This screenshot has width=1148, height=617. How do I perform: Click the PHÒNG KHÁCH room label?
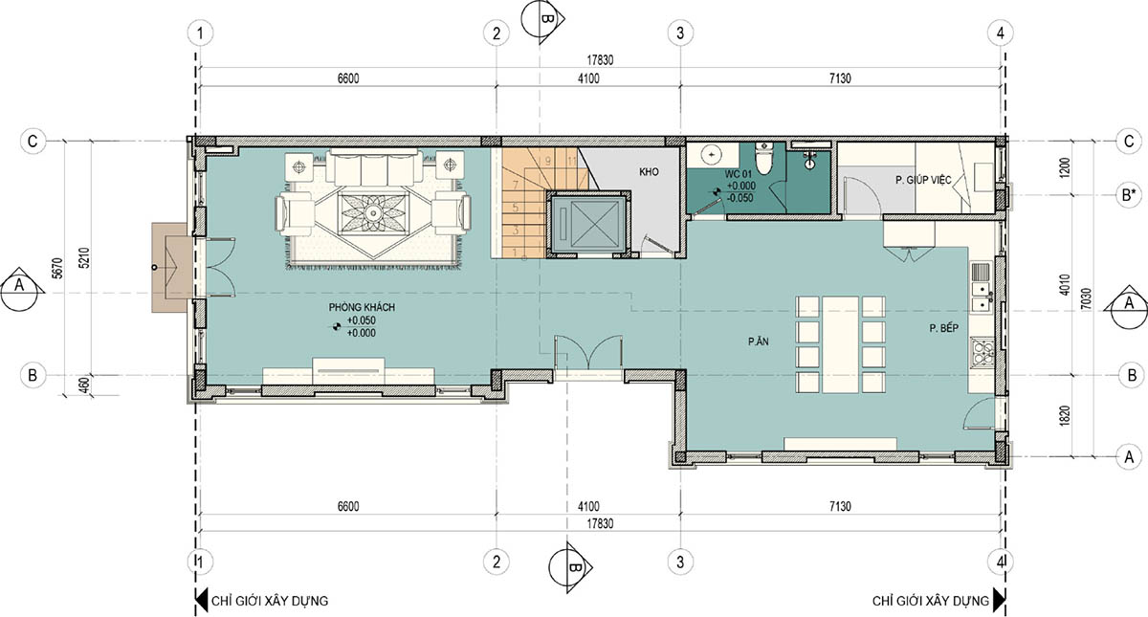click(x=362, y=307)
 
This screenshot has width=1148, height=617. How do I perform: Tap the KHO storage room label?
click(x=649, y=171)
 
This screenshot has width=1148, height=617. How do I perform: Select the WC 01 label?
click(x=738, y=174)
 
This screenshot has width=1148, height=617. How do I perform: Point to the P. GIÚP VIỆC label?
click(x=923, y=180)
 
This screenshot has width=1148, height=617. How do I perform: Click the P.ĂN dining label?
click(x=758, y=342)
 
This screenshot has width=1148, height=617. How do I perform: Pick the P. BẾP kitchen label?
click(x=944, y=328)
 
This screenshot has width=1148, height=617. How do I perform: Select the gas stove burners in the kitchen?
click(x=982, y=351)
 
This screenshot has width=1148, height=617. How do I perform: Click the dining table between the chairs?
click(x=841, y=344)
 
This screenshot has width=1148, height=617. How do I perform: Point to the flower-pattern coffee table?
click(x=373, y=213)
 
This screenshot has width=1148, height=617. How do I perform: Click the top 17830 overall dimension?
click(x=600, y=60)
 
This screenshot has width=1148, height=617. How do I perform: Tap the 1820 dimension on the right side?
click(x=1064, y=415)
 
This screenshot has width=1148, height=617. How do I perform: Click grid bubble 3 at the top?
click(x=680, y=33)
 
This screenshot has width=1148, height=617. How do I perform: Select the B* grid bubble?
click(x=1129, y=195)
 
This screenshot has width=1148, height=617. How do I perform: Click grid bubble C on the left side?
click(x=33, y=141)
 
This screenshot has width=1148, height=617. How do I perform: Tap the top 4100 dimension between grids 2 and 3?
click(x=588, y=78)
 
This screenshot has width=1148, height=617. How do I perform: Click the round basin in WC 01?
click(x=712, y=154)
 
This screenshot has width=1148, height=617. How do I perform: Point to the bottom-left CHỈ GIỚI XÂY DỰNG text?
click(x=270, y=601)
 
